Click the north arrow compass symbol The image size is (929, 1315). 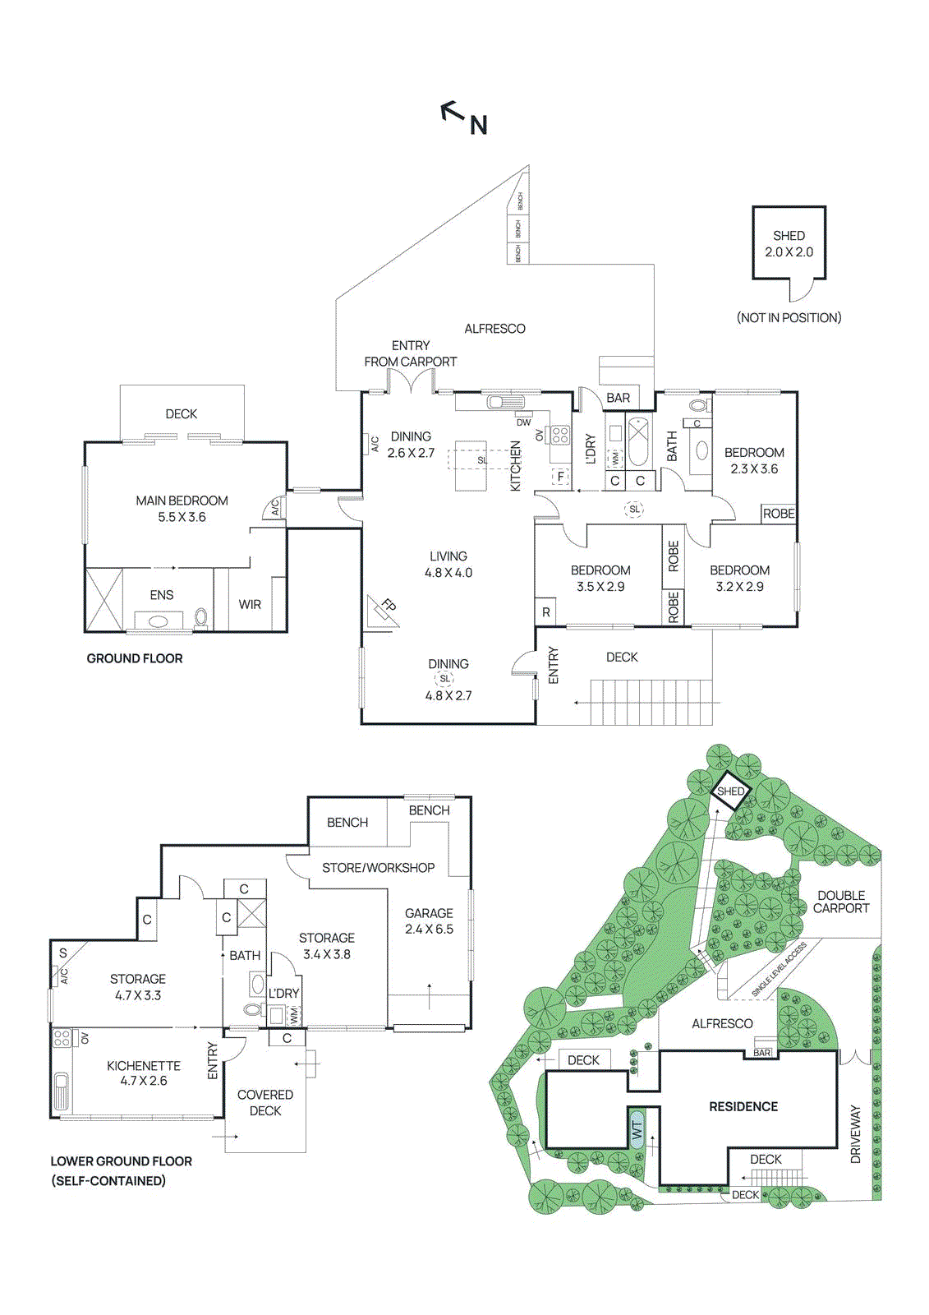463,118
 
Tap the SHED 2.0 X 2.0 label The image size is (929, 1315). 789,244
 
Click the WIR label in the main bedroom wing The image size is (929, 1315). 250,605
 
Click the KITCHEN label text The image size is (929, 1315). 516,466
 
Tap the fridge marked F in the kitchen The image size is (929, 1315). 561,477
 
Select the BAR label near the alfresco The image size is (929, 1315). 618,399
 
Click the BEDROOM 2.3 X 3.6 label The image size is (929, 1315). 754,460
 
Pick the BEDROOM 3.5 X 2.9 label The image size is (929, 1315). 600,579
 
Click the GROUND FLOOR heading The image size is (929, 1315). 135,658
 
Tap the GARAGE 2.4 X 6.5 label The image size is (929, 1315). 429,921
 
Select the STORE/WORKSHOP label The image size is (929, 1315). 378,868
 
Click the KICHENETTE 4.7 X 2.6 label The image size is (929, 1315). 144,1073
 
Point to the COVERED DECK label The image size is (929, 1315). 264,1103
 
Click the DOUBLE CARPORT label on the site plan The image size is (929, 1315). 841,902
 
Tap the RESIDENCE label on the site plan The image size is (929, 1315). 743,1107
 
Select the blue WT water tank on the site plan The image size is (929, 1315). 637,1130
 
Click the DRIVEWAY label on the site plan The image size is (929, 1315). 856,1133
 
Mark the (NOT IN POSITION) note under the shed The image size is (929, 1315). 789,318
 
